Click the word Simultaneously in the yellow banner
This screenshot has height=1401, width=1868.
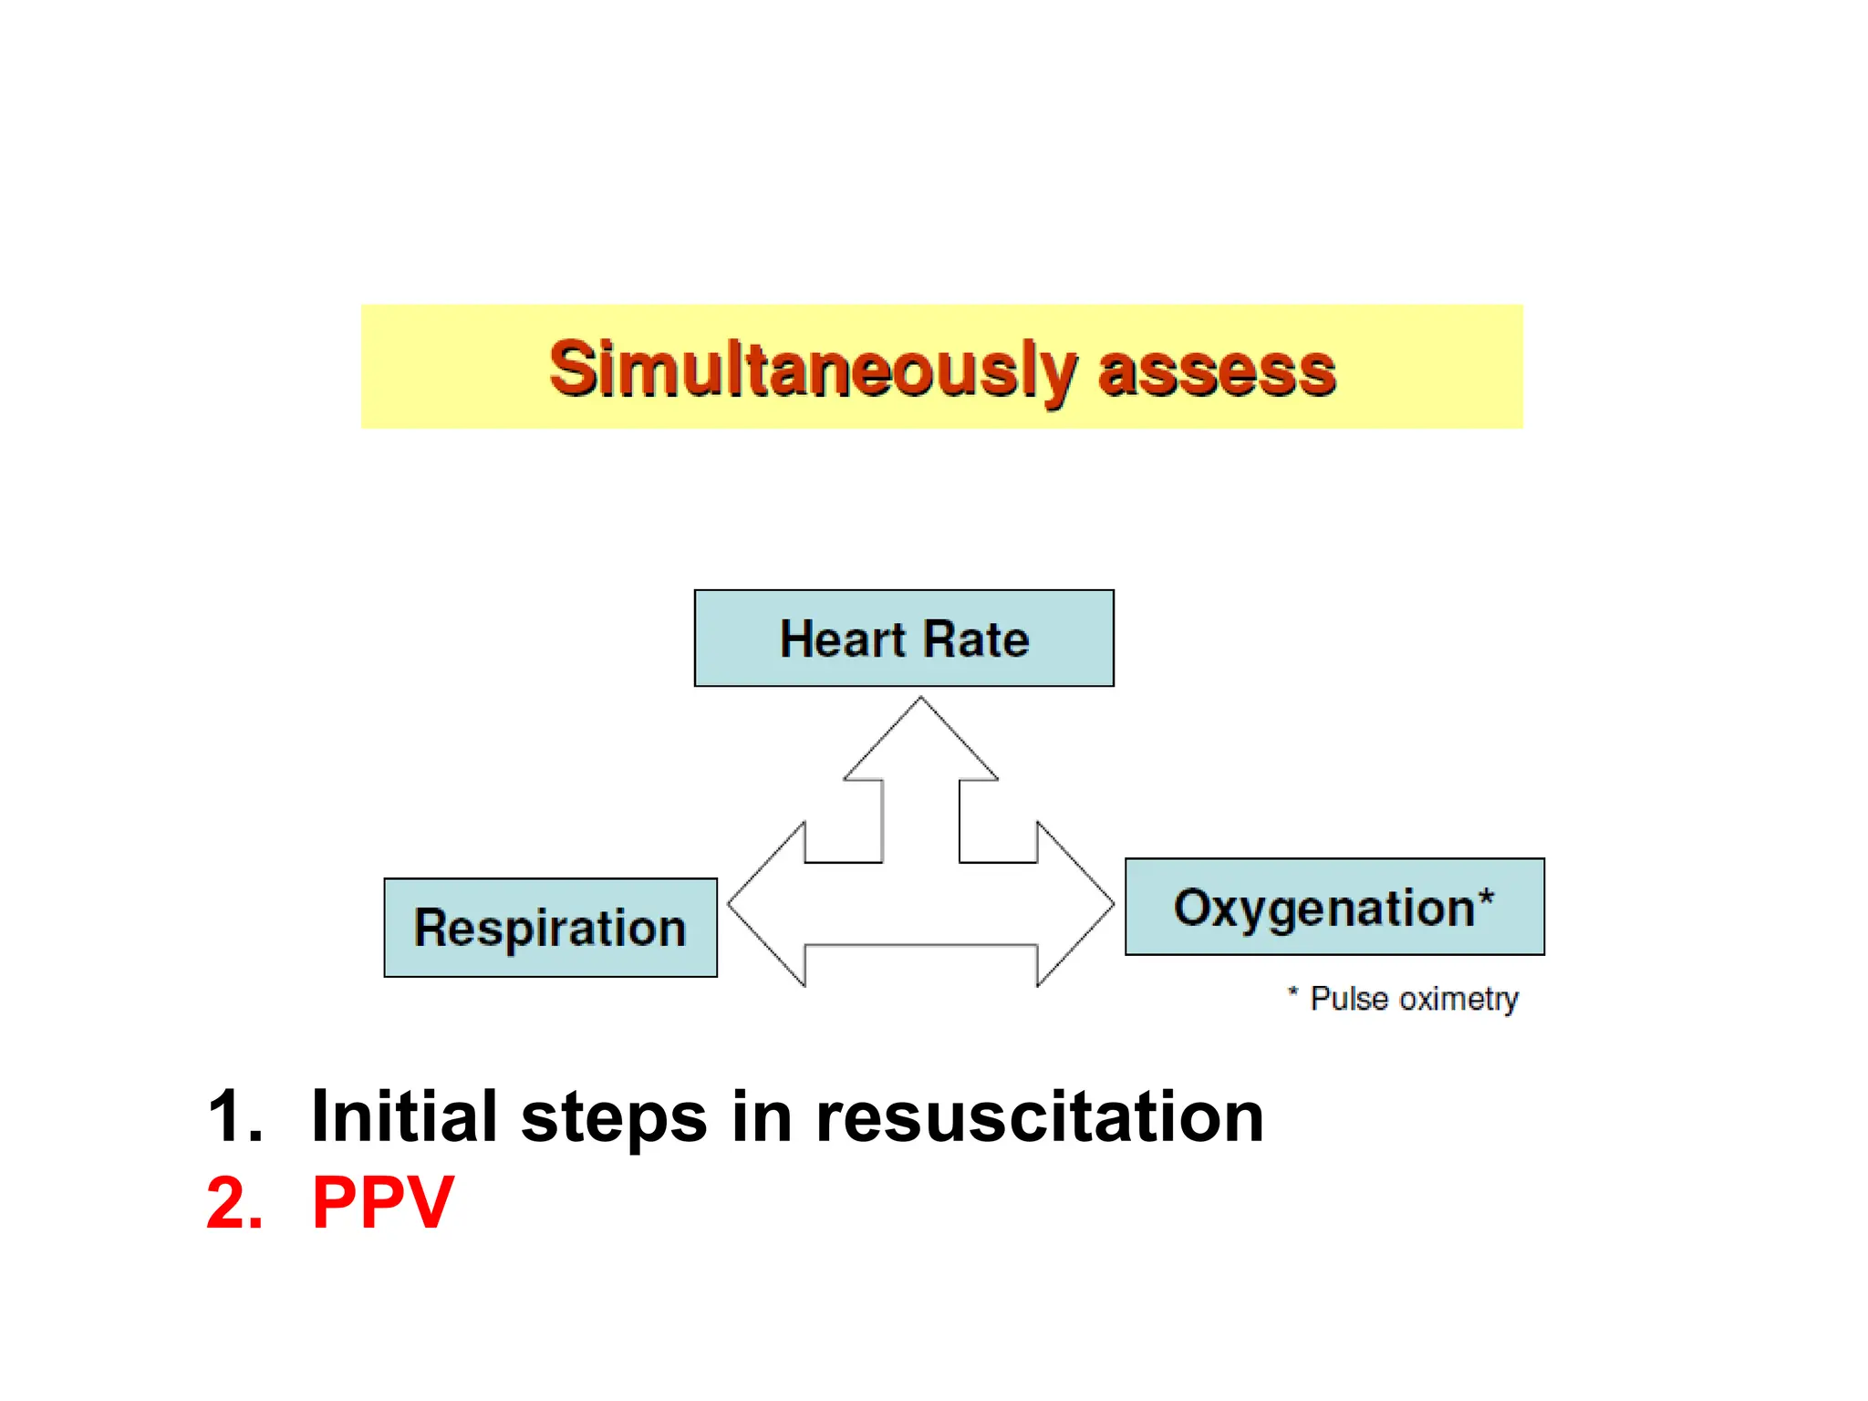[812, 369]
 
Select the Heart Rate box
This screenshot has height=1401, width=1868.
[904, 638]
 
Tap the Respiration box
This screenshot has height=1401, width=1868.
[550, 928]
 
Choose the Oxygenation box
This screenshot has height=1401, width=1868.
[1334, 907]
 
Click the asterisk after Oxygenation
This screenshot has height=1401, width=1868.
[1486, 898]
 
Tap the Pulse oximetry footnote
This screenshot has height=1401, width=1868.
[1405, 998]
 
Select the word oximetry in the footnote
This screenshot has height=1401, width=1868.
[1458, 999]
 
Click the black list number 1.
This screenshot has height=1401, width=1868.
[232, 1116]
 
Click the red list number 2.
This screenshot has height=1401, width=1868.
[233, 1203]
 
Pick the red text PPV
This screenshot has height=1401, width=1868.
[382, 1203]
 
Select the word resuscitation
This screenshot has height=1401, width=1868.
[1039, 1116]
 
